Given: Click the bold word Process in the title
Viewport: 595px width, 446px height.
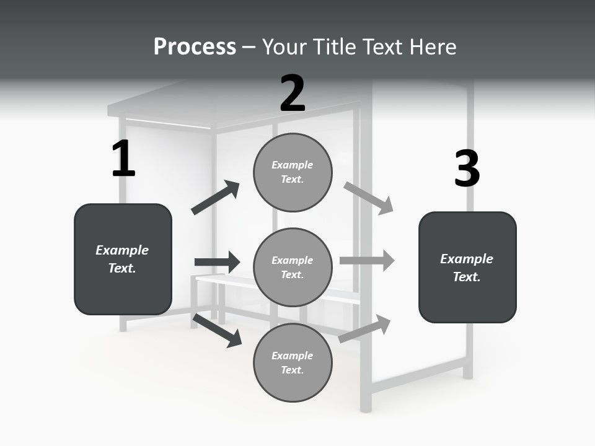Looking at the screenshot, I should (195, 47).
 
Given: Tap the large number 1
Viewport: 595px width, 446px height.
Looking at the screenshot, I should (123, 159).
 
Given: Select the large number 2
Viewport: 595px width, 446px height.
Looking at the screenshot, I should (293, 94).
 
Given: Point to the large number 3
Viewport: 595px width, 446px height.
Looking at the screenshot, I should (467, 168).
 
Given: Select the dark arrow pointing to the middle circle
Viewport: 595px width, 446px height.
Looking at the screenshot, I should (217, 262).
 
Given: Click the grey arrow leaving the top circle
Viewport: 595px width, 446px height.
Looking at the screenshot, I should (369, 198).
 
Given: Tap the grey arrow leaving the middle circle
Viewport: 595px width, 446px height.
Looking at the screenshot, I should (367, 261).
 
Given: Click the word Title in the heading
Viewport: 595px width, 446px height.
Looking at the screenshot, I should (335, 47).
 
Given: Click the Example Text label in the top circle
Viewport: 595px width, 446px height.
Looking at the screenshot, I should (293, 172).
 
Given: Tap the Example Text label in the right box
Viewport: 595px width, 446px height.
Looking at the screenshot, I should (467, 268).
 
